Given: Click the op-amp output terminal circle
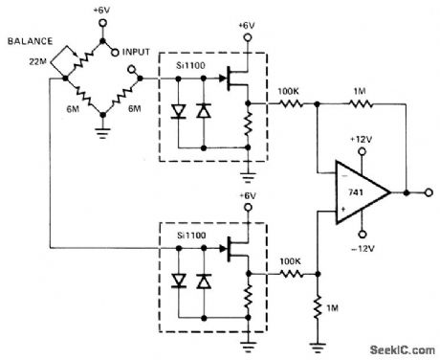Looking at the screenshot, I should tap(408, 192).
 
